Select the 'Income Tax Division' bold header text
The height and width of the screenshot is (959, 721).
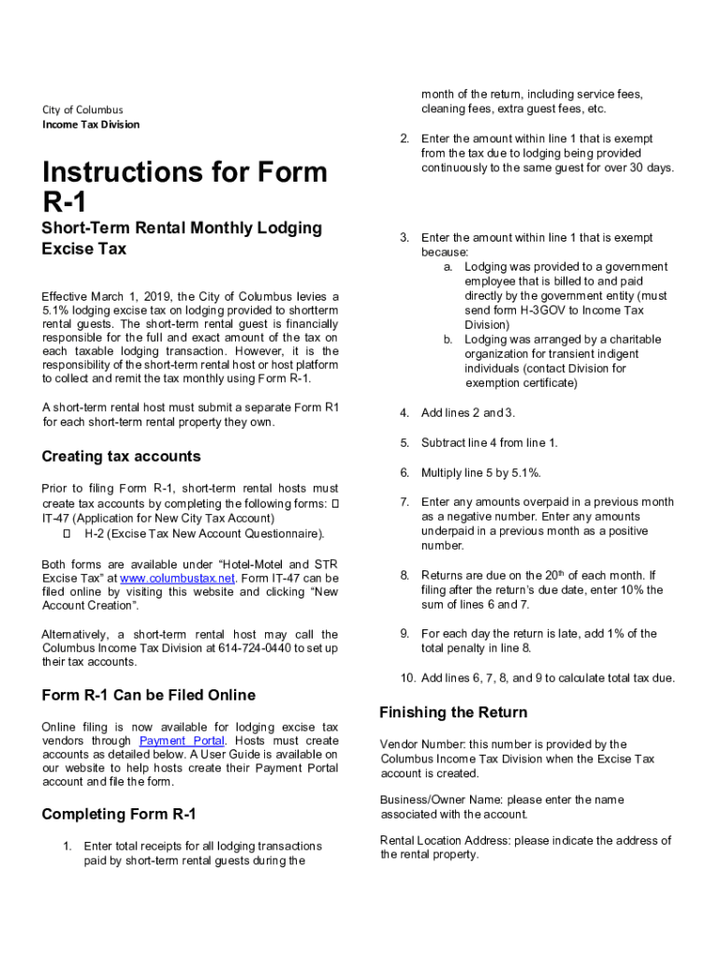click(x=91, y=125)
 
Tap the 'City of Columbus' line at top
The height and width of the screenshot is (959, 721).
click(x=82, y=110)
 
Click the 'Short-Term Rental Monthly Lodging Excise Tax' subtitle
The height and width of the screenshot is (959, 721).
click(x=182, y=238)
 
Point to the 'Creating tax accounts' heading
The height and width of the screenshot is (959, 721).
click(x=121, y=456)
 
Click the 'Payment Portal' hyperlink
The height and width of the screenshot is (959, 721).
click(x=181, y=741)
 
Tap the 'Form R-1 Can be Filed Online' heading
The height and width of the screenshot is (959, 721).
click(x=148, y=695)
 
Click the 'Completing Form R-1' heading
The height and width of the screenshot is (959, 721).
click(x=119, y=814)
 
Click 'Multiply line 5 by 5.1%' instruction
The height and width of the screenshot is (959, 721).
click(x=481, y=473)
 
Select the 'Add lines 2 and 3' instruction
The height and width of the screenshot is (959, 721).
click(x=468, y=413)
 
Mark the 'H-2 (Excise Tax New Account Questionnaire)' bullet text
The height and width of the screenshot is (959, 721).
click(x=205, y=534)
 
